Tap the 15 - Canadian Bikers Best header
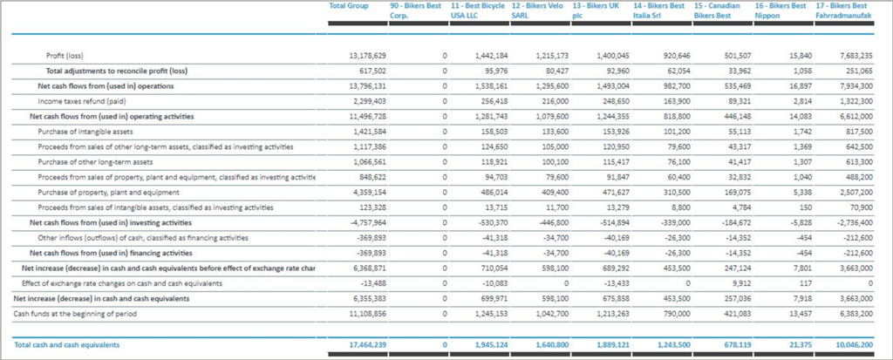(x=716, y=10)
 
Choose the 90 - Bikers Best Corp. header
(x=415, y=10)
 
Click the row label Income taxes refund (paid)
(x=81, y=101)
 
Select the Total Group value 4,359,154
(x=359, y=192)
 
